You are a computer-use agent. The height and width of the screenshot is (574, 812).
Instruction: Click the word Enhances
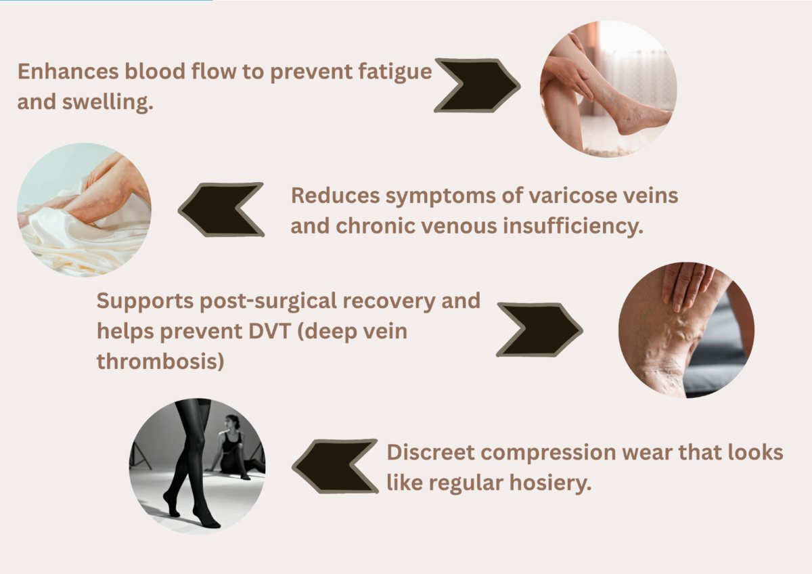(x=68, y=71)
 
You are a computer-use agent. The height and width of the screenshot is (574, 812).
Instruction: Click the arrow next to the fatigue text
(x=478, y=85)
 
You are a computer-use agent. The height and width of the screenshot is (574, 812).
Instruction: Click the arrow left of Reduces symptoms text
(x=221, y=210)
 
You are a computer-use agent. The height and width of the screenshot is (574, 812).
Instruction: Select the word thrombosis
(x=160, y=361)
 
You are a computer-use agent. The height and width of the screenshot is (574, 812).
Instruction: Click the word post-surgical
(x=268, y=302)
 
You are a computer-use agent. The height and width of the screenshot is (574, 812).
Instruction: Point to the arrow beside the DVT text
(x=539, y=330)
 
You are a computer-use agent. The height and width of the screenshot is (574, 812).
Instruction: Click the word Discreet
(x=430, y=452)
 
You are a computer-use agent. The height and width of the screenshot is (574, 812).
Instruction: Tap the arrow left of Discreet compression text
(x=336, y=466)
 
